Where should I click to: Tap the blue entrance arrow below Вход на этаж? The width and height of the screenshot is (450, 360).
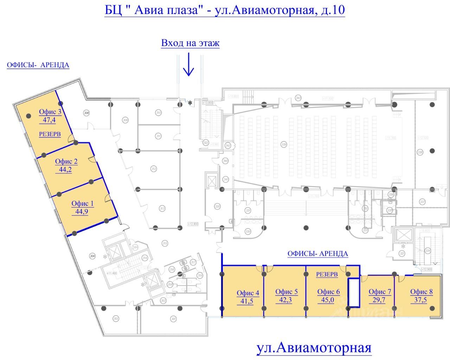tap(189, 65)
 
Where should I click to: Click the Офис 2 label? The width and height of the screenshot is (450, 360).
tap(66, 162)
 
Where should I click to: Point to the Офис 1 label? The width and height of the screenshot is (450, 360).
tap(83, 203)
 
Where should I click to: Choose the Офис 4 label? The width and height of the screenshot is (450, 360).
tap(248, 293)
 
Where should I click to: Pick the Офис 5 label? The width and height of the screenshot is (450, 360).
tap(286, 292)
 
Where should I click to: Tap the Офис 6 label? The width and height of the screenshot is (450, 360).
tap(328, 292)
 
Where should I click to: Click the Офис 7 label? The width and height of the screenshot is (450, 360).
tap(380, 292)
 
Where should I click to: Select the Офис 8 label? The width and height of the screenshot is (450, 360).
tap(422, 292)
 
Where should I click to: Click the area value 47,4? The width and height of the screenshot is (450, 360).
tap(50, 120)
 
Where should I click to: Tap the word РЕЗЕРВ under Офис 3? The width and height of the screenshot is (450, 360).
tap(50, 134)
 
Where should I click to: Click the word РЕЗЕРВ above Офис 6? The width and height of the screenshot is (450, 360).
tap(327, 274)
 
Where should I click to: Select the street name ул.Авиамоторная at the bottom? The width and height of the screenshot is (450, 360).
tap(314, 348)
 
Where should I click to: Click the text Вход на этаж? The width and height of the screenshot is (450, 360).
tap(190, 43)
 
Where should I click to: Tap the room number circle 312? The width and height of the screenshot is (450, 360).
tap(154, 169)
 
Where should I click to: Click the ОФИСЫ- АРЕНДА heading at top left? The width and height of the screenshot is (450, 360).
tap(38, 65)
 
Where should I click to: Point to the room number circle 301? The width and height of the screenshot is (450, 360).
tap(173, 319)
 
